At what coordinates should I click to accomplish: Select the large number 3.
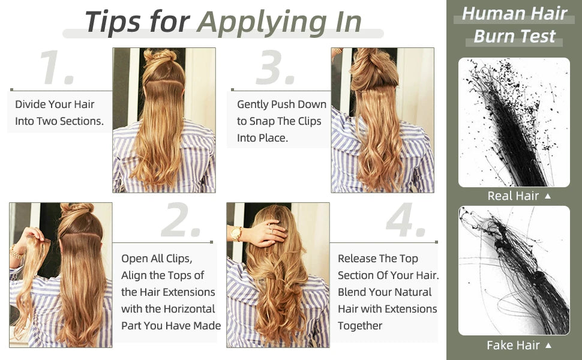coord(275,67)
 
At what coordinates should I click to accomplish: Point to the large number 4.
coord(405,222)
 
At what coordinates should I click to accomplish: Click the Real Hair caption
coord(512,196)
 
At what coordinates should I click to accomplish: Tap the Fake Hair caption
coord(512,345)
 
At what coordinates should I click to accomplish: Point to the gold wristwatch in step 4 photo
coord(236,233)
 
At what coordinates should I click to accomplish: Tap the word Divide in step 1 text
coord(30,104)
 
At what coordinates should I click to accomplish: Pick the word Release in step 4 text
coord(356,259)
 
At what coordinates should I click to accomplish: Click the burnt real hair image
coord(514,122)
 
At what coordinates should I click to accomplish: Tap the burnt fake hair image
coord(514,270)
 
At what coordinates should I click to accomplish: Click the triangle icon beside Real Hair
coord(547,196)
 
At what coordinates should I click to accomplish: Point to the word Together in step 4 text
coord(360,326)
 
